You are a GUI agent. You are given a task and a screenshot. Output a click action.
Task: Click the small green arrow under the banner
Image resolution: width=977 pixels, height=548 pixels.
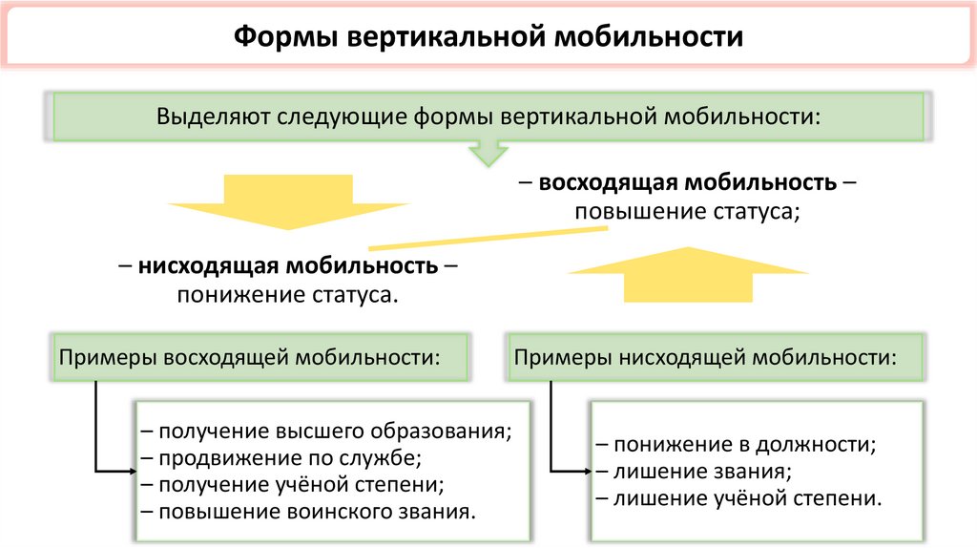pos(488,152)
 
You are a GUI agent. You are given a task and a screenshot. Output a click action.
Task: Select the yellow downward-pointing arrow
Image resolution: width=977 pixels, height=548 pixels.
pos(289,201)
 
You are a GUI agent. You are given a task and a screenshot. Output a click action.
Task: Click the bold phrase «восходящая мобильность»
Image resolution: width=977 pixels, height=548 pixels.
pos(688,181)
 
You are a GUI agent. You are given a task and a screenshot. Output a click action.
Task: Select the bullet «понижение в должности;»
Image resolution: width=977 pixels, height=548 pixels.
pos(744,444)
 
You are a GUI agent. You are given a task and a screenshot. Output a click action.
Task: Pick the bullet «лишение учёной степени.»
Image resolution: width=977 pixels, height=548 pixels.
pos(748,497)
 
